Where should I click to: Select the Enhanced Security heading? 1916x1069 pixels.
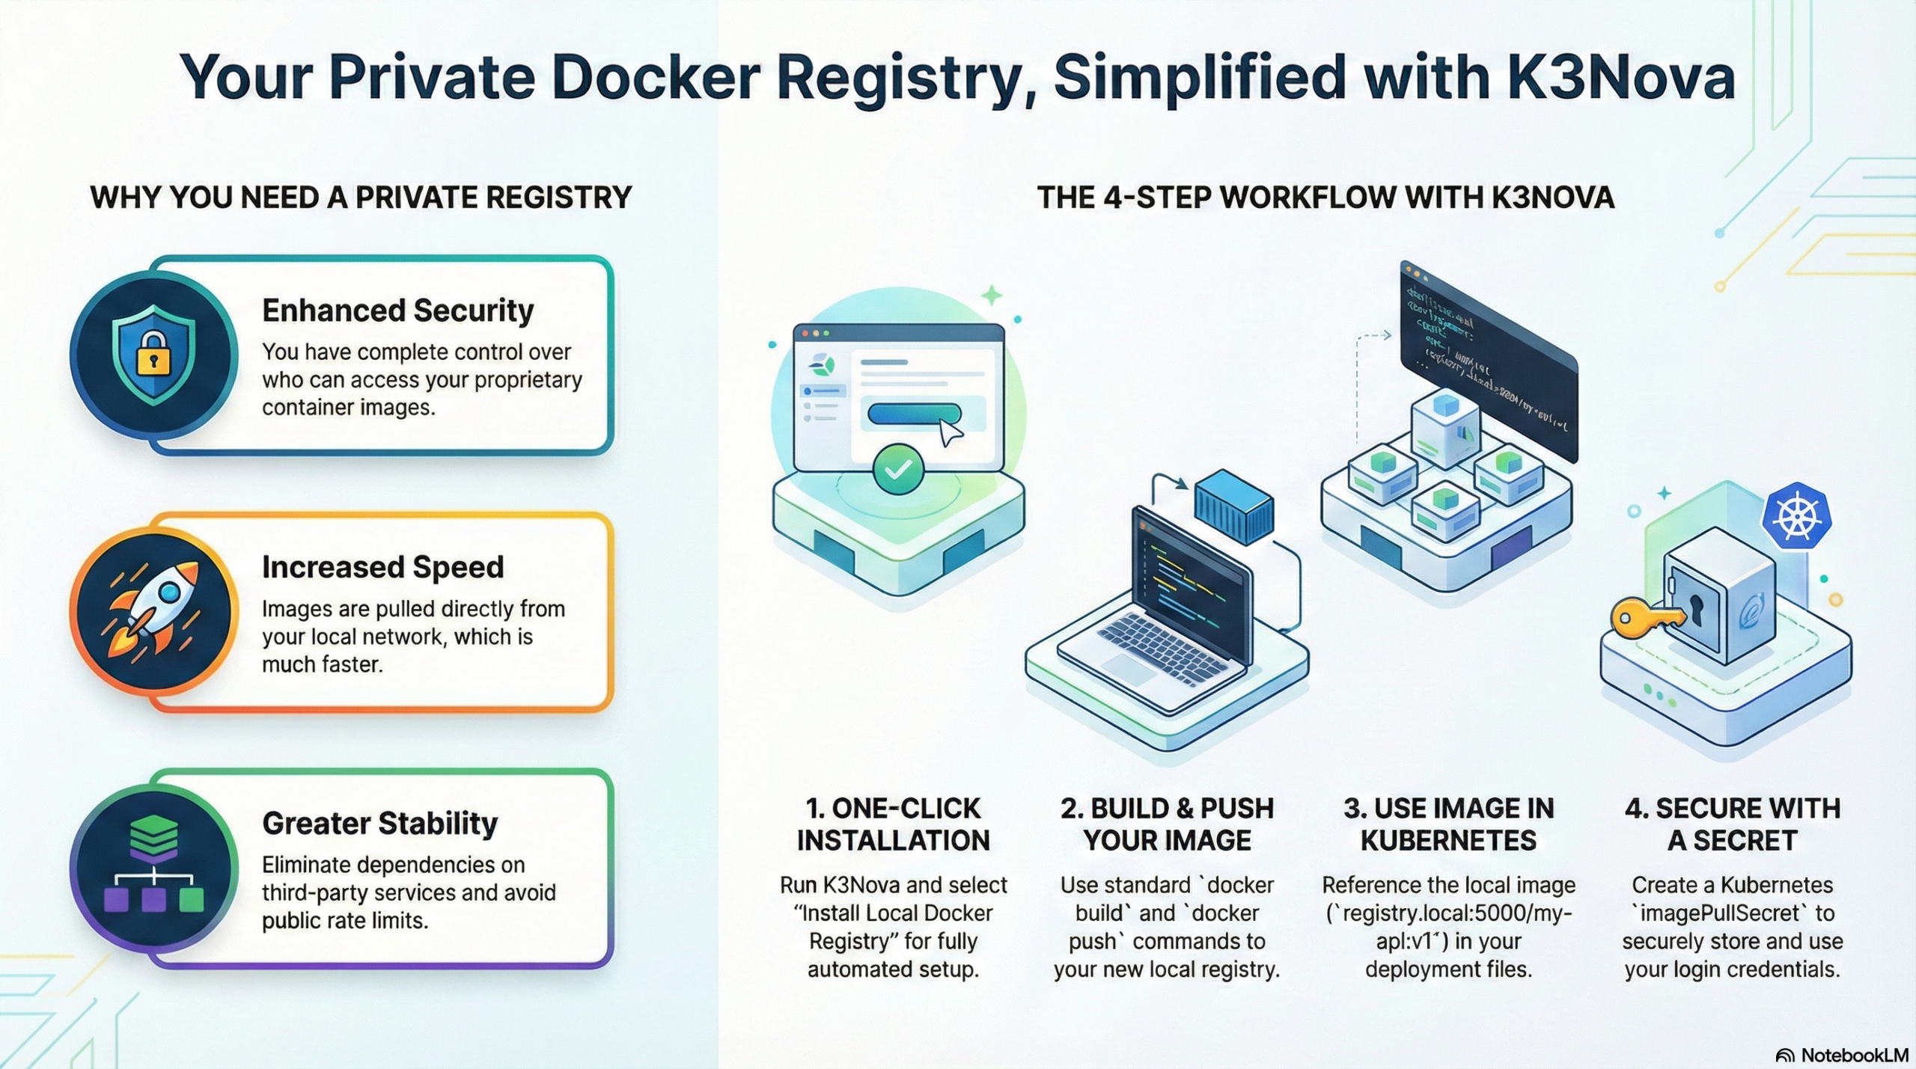click(x=397, y=310)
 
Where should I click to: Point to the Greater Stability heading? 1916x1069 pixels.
click(x=379, y=824)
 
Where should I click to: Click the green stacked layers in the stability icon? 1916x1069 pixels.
click(x=153, y=836)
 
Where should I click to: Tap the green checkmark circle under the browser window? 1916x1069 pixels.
click(x=898, y=469)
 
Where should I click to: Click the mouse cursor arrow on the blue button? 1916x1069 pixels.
click(x=950, y=432)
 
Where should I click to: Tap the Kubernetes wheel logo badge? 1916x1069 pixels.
click(x=1796, y=517)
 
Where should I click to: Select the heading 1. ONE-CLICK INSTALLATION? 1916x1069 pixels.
click(x=893, y=824)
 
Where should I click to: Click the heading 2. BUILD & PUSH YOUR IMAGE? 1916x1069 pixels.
click(x=1167, y=824)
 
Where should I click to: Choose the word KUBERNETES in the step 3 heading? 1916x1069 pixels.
click(x=1448, y=841)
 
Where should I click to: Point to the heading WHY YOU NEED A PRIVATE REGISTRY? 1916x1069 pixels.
click(x=361, y=197)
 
